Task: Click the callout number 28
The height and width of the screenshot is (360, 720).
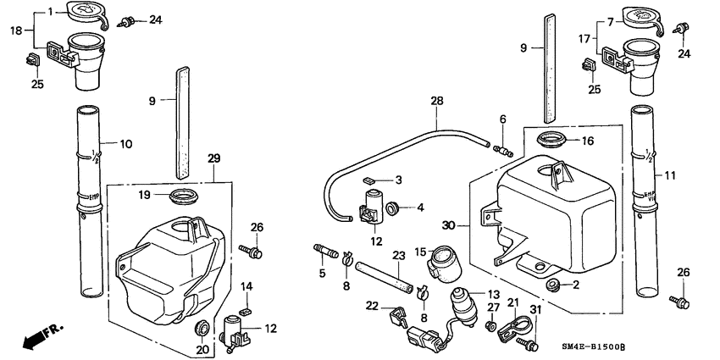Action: click(x=436, y=101)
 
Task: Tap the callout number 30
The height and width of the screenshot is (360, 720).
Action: click(x=450, y=225)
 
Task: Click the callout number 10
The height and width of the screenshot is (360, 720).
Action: click(x=125, y=144)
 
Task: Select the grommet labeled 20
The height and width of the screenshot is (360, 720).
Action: click(x=202, y=327)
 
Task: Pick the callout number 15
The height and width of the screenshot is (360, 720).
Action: click(x=419, y=251)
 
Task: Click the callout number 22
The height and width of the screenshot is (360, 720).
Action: click(x=371, y=306)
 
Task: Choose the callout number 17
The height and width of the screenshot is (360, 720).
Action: click(x=583, y=37)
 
